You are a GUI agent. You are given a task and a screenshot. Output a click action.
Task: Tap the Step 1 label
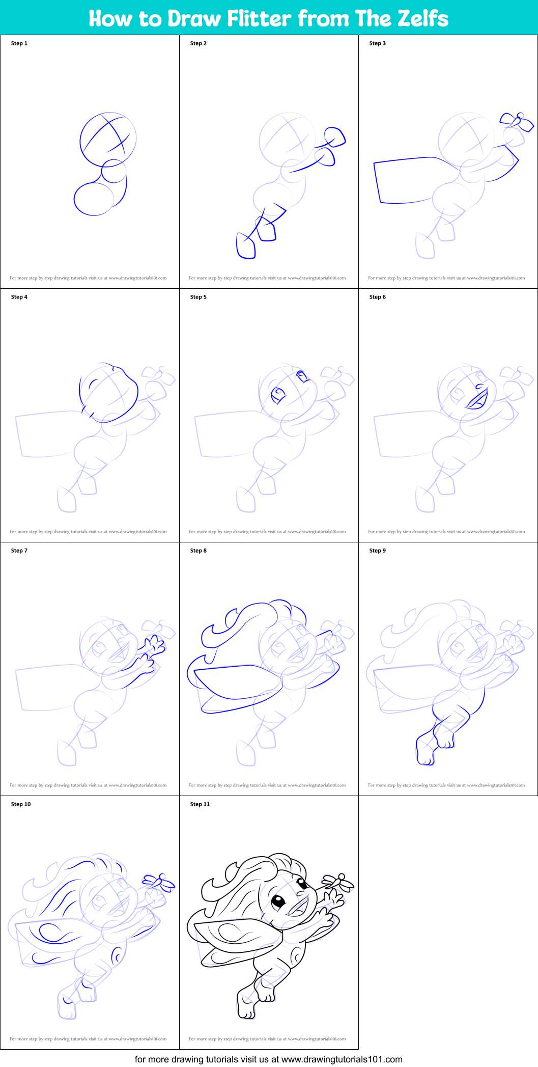[x=19, y=43]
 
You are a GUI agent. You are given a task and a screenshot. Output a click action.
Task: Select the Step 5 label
[x=198, y=297]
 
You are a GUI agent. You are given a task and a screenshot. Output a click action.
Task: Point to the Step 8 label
[x=198, y=551]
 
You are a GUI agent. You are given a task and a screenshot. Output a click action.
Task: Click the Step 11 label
[x=200, y=804]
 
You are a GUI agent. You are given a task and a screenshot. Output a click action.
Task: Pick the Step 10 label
[x=21, y=804]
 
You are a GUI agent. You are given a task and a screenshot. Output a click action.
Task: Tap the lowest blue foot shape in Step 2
[x=246, y=247]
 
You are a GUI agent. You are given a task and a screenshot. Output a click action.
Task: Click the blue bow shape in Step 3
[x=517, y=121]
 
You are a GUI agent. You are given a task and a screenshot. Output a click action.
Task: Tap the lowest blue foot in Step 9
[x=425, y=751]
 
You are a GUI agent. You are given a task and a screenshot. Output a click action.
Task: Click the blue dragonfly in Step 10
[x=159, y=882]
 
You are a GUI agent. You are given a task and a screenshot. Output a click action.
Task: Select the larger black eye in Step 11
[x=278, y=901]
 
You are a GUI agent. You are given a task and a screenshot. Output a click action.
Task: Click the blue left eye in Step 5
[x=278, y=395]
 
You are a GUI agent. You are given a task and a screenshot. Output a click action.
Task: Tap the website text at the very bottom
[x=268, y=1059]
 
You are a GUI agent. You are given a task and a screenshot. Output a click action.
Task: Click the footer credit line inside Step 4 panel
[x=88, y=532]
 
